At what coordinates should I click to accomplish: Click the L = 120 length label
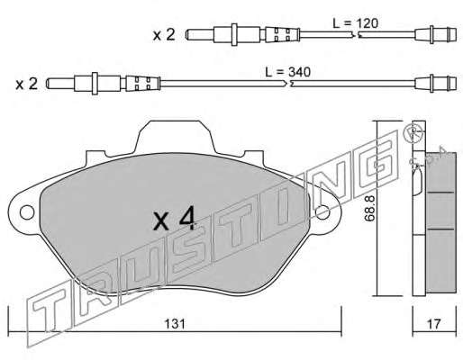click(356, 23)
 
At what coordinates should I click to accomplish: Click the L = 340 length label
click(287, 72)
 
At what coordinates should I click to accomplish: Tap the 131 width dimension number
click(175, 324)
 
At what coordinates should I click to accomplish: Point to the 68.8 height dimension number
click(370, 208)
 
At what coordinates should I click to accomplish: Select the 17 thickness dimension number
click(434, 324)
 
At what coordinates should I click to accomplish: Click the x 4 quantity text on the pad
click(174, 220)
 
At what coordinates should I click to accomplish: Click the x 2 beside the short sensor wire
click(164, 35)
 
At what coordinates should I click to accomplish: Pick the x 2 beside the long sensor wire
click(27, 84)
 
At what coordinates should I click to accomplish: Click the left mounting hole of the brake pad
click(27, 212)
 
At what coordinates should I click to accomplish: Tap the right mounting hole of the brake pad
click(322, 212)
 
